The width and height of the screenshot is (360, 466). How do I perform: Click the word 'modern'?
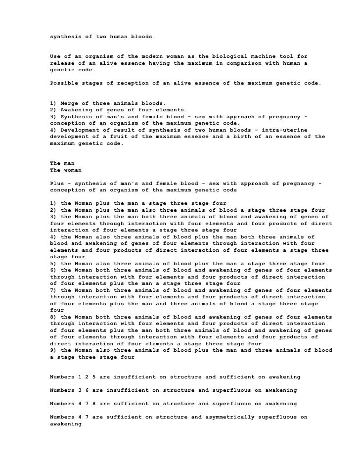(x=150, y=56)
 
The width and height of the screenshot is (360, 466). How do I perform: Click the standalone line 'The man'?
(x=62, y=163)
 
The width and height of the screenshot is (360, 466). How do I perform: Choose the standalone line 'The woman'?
(x=66, y=170)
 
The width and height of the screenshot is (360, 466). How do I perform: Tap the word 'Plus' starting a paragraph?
(x=57, y=184)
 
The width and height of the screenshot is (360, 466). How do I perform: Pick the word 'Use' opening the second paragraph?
(x=55, y=56)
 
